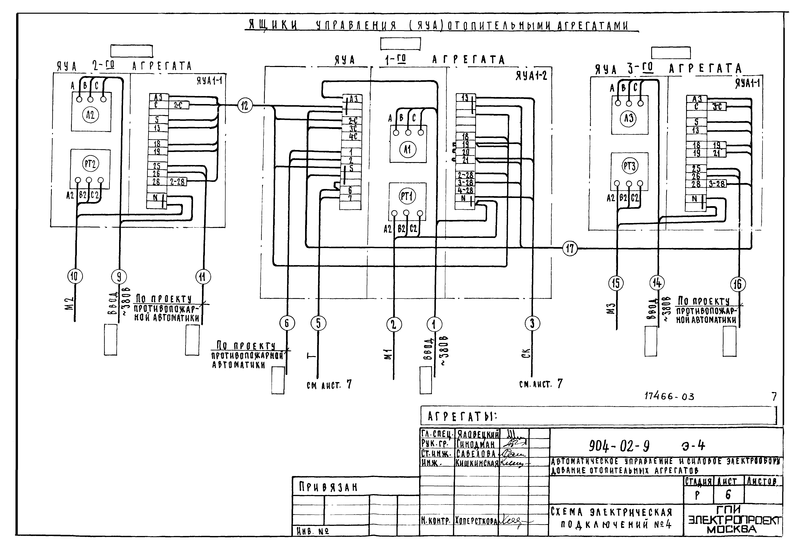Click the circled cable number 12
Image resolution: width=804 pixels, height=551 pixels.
(x=245, y=105)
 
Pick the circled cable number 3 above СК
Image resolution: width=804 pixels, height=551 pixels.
(x=532, y=324)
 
